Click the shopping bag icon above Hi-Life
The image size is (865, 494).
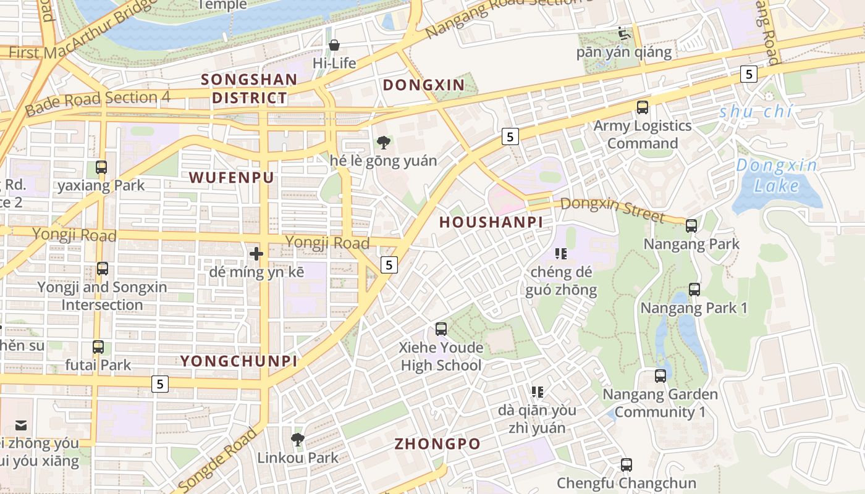(x=334, y=45)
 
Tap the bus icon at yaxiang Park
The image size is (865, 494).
(x=101, y=167)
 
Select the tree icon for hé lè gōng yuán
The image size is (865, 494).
(x=383, y=143)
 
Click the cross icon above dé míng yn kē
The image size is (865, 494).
(x=256, y=254)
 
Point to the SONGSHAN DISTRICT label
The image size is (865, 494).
(x=250, y=88)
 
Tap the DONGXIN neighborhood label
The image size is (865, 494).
(x=424, y=85)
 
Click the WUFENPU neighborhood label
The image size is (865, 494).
(x=231, y=178)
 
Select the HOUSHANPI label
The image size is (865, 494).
(x=491, y=222)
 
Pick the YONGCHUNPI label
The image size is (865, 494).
(x=238, y=361)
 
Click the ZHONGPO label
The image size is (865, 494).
(x=437, y=444)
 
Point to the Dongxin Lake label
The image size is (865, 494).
(x=777, y=175)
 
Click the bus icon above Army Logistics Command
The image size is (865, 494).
(x=643, y=107)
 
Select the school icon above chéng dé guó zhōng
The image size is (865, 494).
(x=561, y=254)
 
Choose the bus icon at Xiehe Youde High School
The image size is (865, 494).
(x=441, y=329)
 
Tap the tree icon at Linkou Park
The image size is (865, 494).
(x=298, y=440)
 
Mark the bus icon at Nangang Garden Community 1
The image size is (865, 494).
(x=660, y=375)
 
